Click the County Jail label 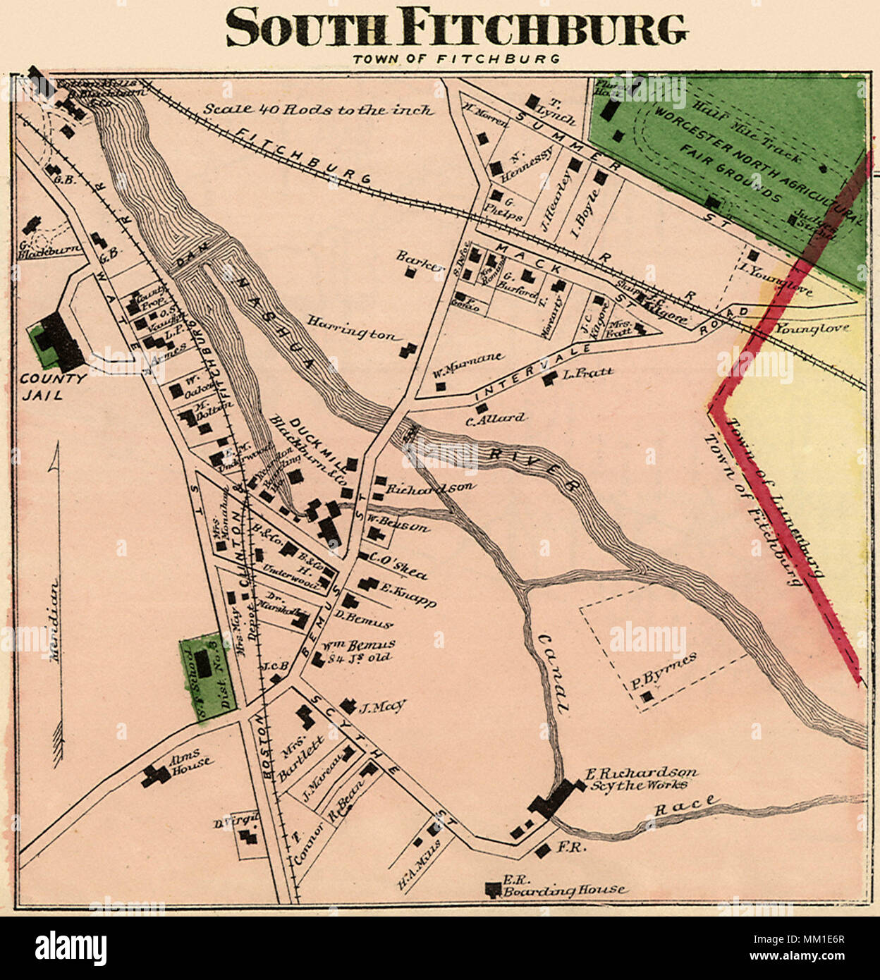coord(52,386)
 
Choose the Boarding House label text coord(564,890)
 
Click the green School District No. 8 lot coord(206,678)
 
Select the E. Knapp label coord(408,594)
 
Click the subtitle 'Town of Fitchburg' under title coord(456,59)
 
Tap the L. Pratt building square coord(549,381)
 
